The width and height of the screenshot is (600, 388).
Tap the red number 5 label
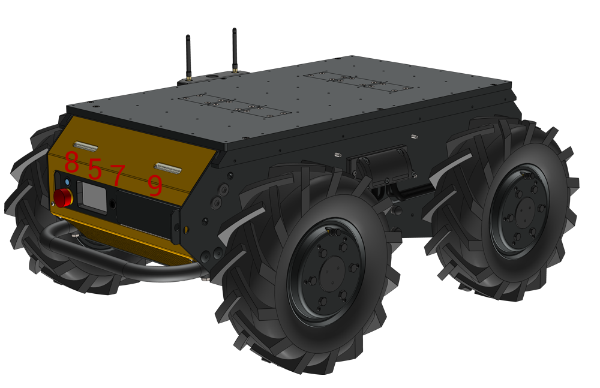pyautogui.click(x=95, y=169)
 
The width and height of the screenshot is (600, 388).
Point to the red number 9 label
pyautogui.click(x=155, y=185)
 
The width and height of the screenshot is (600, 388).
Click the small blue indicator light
pyautogui.click(x=68, y=182)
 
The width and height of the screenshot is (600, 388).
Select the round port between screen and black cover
pyautogui.click(x=113, y=204)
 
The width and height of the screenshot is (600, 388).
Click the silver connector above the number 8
pyautogui.click(x=85, y=146)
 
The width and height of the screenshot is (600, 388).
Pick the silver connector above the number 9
pyautogui.click(x=167, y=168)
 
